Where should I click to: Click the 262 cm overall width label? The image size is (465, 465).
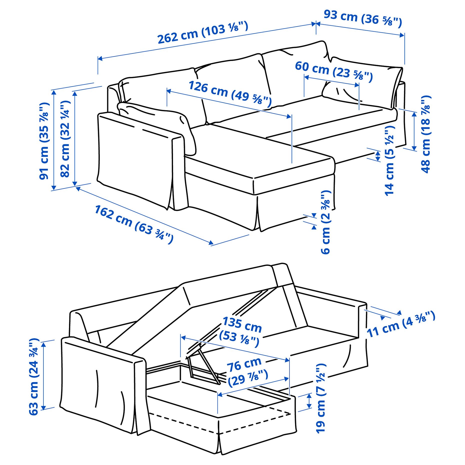202,33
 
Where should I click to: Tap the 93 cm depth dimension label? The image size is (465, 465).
362,18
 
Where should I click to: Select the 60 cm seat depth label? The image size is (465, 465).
334,71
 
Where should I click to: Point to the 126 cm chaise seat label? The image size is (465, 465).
230,92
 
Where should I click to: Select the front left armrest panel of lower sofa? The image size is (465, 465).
100,382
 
